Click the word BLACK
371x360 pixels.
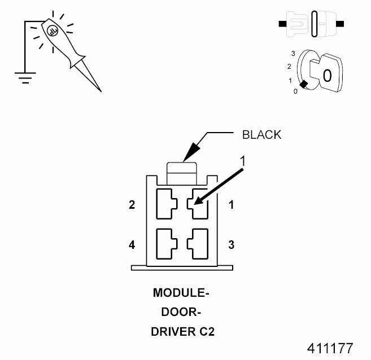click(x=261, y=135)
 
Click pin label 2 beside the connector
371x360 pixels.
click(x=132, y=205)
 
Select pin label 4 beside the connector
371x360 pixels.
click(x=132, y=245)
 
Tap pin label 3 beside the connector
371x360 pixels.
click(x=231, y=245)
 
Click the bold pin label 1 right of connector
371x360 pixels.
click(x=231, y=205)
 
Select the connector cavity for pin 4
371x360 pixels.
click(x=165, y=243)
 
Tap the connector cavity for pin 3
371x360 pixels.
click(x=199, y=243)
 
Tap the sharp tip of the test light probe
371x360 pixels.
click(x=100, y=90)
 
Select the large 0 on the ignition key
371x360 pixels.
click(x=328, y=76)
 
